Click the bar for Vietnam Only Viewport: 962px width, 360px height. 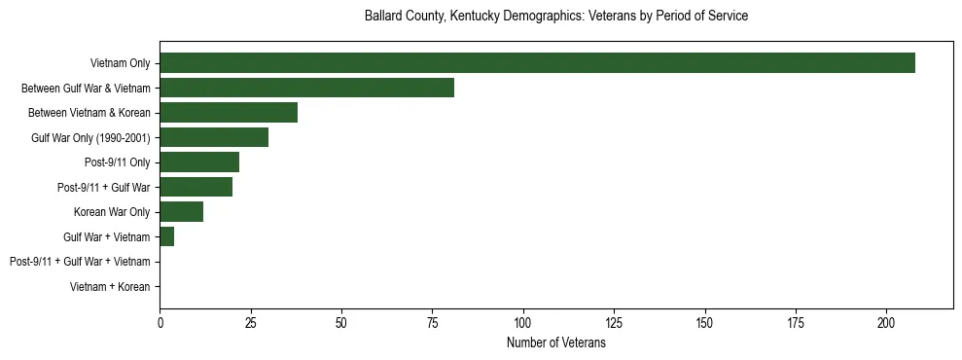[x=537, y=63]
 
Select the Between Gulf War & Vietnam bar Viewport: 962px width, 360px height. [x=306, y=88]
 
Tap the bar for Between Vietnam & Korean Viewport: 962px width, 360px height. [x=229, y=113]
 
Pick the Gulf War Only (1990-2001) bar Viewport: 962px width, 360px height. [x=214, y=137]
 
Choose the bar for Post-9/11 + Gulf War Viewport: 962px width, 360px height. [x=196, y=187]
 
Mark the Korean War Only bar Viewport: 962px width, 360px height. [x=182, y=212]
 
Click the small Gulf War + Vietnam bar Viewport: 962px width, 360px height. [x=167, y=236]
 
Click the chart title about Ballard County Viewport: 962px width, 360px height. [x=555, y=17]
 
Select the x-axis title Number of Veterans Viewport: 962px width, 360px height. [x=555, y=343]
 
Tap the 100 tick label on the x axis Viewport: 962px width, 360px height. [x=523, y=322]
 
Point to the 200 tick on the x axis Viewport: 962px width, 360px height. [x=886, y=322]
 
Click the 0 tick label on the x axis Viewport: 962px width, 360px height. [x=160, y=322]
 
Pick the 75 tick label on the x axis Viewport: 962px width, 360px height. [x=432, y=322]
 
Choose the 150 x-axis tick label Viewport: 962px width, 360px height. [x=705, y=322]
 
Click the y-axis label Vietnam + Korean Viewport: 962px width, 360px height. [x=110, y=287]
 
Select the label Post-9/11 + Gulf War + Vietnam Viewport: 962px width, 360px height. [x=80, y=262]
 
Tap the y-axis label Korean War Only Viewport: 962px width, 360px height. [x=112, y=212]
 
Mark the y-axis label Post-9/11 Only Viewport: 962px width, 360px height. [x=118, y=162]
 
